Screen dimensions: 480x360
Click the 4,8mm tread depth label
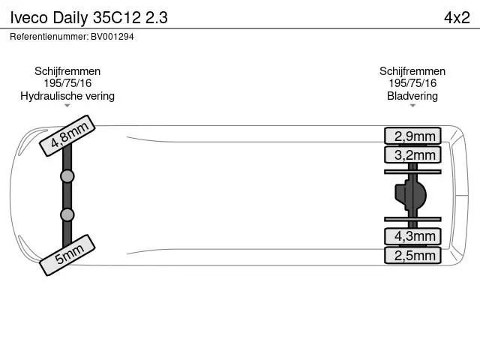pos(67,136)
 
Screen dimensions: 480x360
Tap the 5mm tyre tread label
pos(67,255)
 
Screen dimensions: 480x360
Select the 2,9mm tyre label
pos(412,136)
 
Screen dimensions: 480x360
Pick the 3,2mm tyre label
pos(412,154)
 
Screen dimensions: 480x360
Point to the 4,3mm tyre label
pos(412,236)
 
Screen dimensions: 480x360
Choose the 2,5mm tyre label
pos(412,255)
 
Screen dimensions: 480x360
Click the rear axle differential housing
pos(410,195)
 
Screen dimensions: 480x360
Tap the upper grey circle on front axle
pos(67,176)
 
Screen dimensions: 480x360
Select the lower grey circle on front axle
pos(67,214)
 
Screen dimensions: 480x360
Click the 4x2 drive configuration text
pos(457,17)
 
